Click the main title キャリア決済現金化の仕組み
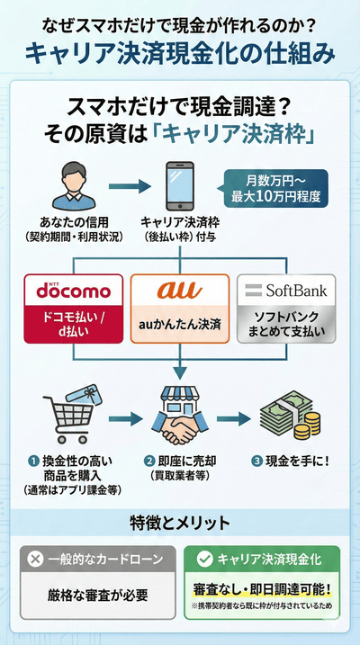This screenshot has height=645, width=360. tap(180, 52)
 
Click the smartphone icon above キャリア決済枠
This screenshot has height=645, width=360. tap(177, 186)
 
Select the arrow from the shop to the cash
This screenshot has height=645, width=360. tap(234, 418)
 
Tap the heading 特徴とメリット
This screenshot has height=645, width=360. tap(180, 522)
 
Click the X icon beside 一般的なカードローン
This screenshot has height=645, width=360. tap(35, 559)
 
